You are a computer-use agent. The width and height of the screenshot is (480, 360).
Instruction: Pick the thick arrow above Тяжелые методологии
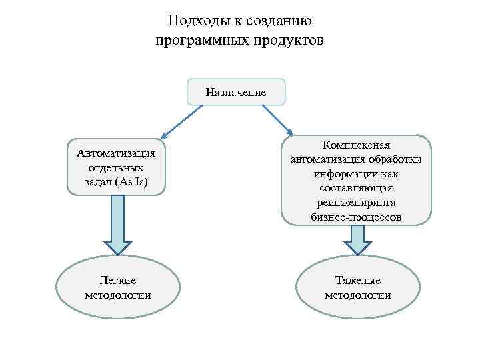(358, 239)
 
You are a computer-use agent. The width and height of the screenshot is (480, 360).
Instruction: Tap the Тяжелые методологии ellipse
(357, 288)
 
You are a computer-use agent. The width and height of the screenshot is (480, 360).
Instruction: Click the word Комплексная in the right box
(356, 145)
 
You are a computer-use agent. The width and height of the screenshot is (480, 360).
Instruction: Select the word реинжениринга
(356, 203)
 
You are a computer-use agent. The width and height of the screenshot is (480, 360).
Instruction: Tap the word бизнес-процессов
(356, 218)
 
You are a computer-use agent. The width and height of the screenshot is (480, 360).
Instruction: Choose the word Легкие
(117, 281)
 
